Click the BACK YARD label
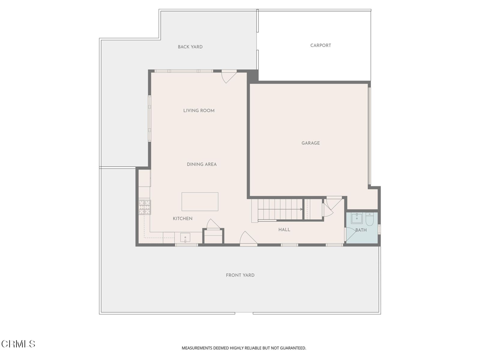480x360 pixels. click(190, 47)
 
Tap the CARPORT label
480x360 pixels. click(321, 45)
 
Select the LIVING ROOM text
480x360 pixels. click(199, 111)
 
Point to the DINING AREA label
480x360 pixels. click(202, 165)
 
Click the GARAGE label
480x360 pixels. click(311, 143)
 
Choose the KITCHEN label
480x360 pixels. click(183, 218)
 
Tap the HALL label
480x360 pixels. click(285, 230)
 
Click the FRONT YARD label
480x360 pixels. click(240, 275)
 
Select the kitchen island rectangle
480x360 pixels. click(200, 202)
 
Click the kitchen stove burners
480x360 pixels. click(145, 207)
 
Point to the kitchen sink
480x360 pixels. click(185, 238)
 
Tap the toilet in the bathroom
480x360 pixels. click(370, 219)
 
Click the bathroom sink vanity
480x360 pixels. click(357, 218)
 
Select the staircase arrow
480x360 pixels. click(280, 210)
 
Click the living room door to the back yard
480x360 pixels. click(229, 77)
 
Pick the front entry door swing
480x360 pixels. click(248, 239)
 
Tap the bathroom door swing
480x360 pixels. click(350, 235)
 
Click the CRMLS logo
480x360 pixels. click(18, 344)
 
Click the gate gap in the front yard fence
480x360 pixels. click(244, 313)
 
